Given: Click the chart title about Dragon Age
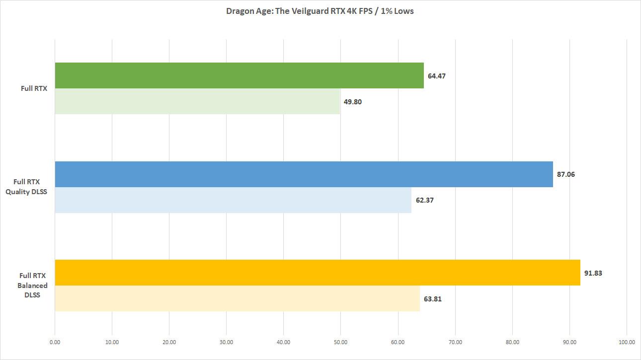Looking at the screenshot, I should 320,11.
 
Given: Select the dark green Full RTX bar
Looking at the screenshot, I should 239,75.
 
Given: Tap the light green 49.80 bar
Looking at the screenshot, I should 197,101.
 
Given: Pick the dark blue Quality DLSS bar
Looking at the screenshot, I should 304,174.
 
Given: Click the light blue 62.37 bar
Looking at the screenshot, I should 233,200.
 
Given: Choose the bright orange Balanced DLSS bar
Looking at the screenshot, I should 318,273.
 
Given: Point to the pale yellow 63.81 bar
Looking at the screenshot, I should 237,298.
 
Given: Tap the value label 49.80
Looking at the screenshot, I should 353,102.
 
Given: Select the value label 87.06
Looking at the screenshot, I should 565,175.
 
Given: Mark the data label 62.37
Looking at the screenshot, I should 424,201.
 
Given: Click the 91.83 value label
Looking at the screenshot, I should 593,273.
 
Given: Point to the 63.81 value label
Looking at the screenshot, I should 432,299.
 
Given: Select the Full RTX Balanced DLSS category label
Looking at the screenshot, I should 33,286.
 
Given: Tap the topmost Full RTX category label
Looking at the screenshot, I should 33,88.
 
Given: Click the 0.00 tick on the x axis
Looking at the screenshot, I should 55,342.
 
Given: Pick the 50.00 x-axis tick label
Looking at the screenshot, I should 341,342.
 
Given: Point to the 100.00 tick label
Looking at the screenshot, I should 627,342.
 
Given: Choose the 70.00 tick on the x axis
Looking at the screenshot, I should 455,342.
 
